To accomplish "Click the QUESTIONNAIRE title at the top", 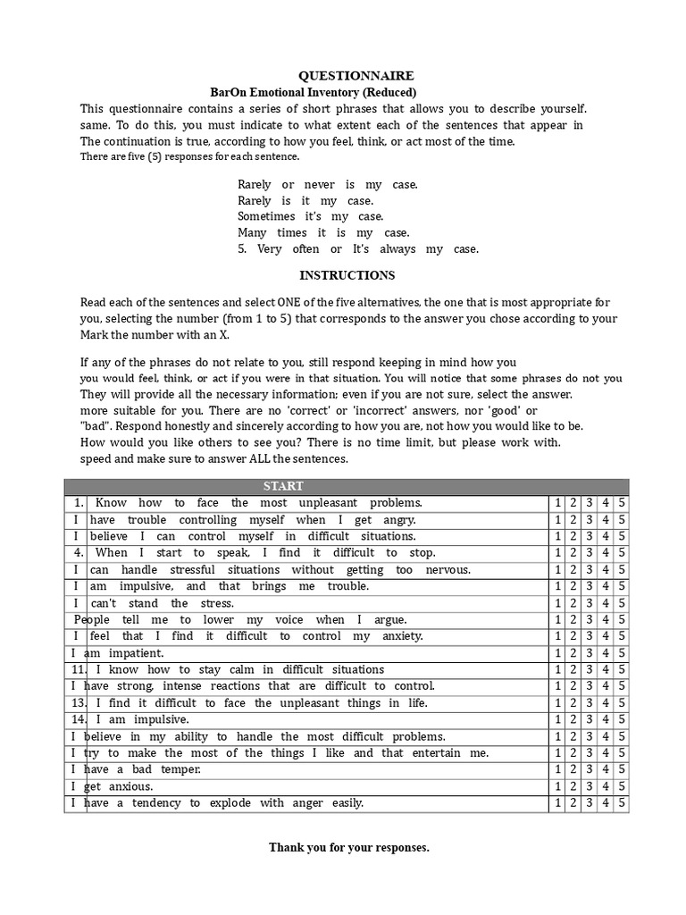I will point(344,77).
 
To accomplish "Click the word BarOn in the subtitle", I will point(228,92).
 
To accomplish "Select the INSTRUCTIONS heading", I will point(347,275).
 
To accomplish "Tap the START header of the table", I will point(283,486).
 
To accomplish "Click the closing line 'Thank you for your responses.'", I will point(349,847).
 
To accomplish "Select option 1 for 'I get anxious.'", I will point(557,786).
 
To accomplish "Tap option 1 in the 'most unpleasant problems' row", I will point(557,503).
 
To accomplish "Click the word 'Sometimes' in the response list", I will point(266,216).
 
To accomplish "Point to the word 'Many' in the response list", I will point(252,232).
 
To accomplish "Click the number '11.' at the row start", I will point(78,670).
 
